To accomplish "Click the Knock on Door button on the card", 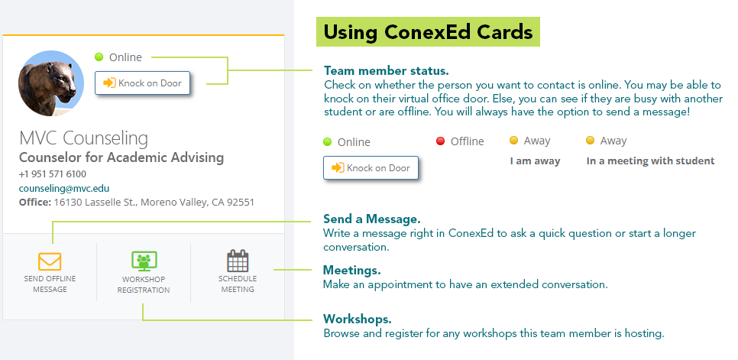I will tap(142, 83).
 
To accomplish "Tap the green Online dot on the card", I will tap(99, 57).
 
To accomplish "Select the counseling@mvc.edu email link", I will tap(64, 188).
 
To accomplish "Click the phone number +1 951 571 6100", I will tap(53, 174).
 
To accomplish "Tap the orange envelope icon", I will tap(50, 261).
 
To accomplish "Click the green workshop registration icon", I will tap(144, 261).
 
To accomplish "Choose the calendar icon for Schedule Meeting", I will tap(238, 261).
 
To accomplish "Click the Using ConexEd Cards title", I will tap(428, 32).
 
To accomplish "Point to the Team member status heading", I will tap(386, 70).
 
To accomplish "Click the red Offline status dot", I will tap(440, 141).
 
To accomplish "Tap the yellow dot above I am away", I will tap(513, 141).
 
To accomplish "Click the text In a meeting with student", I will tap(650, 161).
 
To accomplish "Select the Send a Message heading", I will tap(371, 219).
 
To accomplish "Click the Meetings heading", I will tap(351, 271).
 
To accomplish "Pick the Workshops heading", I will tap(357, 319).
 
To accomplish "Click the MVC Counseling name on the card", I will tap(83, 138).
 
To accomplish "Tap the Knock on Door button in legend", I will tap(371, 168).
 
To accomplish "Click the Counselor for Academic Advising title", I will tap(121, 157).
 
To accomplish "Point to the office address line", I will tap(136, 203).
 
